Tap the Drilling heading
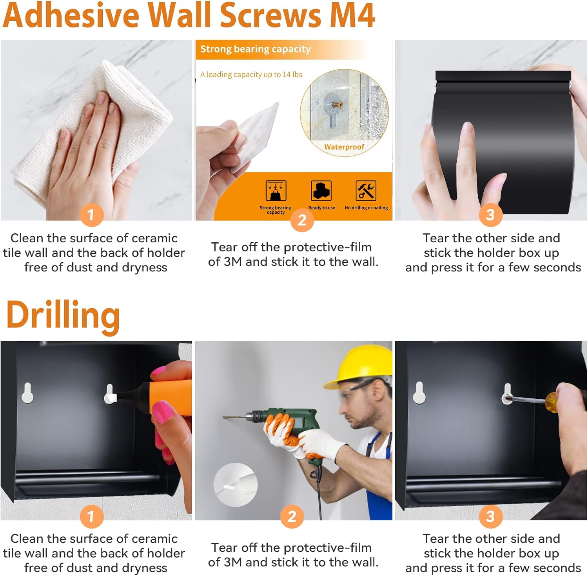click(63, 316)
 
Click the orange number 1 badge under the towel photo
click(91, 214)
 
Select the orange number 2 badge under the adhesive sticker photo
click(302, 220)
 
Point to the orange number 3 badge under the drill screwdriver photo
click(490, 516)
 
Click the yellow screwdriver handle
click(552, 402)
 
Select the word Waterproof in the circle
click(344, 147)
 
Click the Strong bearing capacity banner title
click(256, 49)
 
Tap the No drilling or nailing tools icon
click(366, 191)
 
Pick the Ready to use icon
click(321, 191)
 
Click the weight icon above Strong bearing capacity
click(276, 191)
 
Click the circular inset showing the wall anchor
click(235, 485)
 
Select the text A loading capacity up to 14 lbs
click(251, 74)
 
